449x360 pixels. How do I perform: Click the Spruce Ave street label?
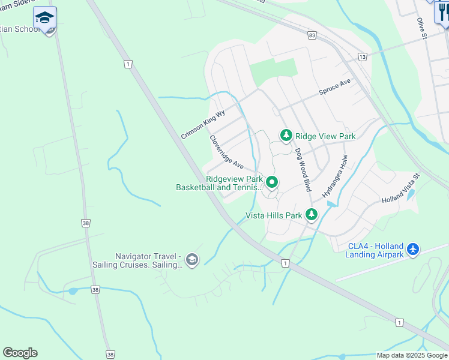tap(334, 88)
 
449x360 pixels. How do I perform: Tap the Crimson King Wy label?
tap(202, 124)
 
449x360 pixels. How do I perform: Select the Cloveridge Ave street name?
tap(226, 151)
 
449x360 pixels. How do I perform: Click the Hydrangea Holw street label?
tap(335, 176)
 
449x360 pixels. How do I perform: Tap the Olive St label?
tap(421, 29)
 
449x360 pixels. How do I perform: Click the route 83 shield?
tap(312, 36)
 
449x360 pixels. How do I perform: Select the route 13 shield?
tap(361, 56)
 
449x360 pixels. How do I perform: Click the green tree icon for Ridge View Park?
tap(286, 136)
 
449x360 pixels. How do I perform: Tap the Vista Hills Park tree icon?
tap(311, 214)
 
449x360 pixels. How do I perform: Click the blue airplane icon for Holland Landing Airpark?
tap(412, 248)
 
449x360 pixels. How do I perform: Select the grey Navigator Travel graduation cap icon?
tap(191, 260)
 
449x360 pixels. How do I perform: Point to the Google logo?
tap(20, 352)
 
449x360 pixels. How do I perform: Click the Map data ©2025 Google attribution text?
tap(412, 355)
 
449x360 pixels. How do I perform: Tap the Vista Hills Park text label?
tap(274, 215)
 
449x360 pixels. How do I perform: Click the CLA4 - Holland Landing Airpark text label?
tap(375, 250)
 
